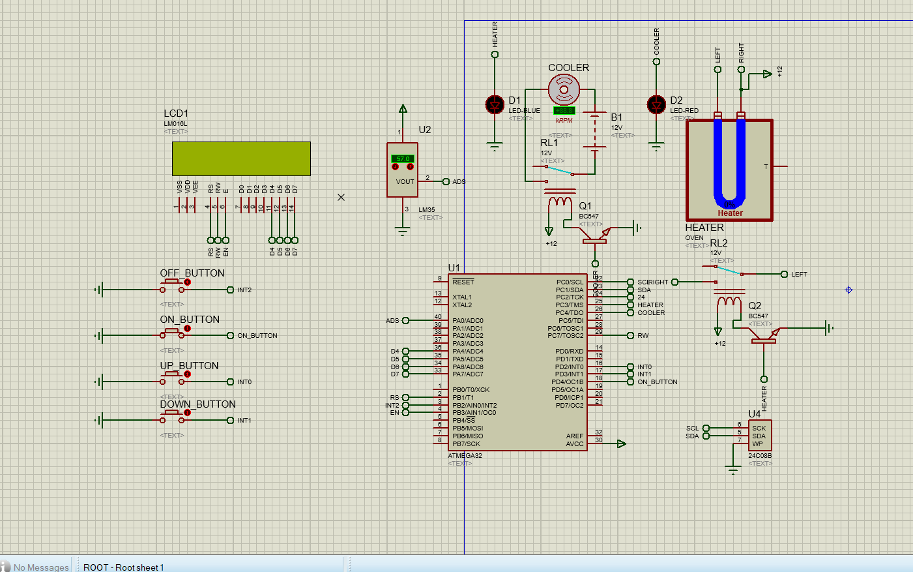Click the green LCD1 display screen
point(241,158)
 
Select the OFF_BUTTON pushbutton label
point(192,273)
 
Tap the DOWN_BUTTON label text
point(198,404)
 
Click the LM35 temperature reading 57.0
point(403,158)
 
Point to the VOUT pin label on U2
point(405,182)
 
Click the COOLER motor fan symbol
point(564,89)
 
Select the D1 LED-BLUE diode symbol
point(495,104)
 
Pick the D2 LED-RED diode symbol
point(656,104)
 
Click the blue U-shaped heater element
point(729,163)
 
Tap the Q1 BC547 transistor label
point(585,206)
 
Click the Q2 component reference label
point(755,306)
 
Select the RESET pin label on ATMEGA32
point(463,282)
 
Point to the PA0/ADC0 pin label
point(468,320)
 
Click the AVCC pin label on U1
point(574,444)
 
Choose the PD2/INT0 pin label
point(569,367)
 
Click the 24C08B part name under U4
point(760,456)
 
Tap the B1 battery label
point(616,117)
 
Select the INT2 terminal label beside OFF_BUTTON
point(244,290)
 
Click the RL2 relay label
point(719,243)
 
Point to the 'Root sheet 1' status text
point(124,567)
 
